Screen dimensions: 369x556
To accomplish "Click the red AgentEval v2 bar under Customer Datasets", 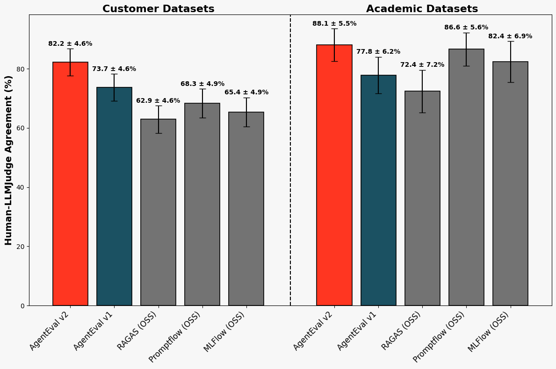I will [x=70, y=187].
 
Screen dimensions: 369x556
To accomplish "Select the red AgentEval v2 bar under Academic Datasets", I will [x=334, y=177].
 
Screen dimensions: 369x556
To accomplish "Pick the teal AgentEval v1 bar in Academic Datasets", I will [x=378, y=192].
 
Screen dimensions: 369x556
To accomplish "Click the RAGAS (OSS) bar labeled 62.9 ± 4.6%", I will [x=158, y=215].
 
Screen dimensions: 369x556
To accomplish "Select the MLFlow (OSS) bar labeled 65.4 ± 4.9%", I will [x=246, y=210].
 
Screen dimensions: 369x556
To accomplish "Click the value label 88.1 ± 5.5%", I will [x=334, y=24].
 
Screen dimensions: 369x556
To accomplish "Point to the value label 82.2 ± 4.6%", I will [x=70, y=44].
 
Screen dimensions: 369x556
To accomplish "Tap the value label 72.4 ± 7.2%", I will [x=422, y=65].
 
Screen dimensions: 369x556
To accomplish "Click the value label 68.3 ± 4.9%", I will [x=202, y=84].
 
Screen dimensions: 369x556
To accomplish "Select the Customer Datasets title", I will [x=158, y=9].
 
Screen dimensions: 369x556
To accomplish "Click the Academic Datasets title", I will [x=422, y=9].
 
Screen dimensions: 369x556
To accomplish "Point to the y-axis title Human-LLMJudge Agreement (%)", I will [x=9, y=160].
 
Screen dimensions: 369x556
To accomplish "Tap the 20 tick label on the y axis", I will [x=21, y=247].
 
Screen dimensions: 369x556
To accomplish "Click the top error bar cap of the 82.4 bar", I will [x=510, y=42].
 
